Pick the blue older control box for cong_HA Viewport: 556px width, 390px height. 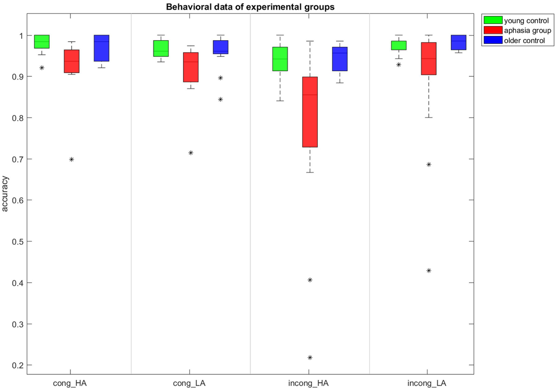[101, 48]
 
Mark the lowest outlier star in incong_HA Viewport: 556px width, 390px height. [310, 358]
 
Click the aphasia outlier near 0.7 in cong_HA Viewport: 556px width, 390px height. [71, 159]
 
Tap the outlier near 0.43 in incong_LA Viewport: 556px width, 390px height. [429, 271]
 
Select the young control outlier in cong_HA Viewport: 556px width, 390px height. [42, 68]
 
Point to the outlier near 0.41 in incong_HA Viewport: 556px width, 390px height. [310, 280]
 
